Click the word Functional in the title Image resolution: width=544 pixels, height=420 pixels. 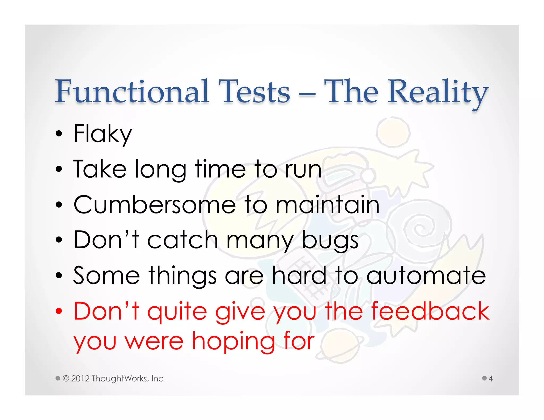(132, 92)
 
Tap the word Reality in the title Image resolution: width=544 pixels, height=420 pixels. (438, 93)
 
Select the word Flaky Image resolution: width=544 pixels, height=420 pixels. (103, 134)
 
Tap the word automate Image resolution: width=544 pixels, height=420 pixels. (426, 276)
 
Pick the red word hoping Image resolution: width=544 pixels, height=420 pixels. (233, 342)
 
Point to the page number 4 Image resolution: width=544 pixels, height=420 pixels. (490, 379)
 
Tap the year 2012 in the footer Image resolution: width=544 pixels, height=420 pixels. (80, 379)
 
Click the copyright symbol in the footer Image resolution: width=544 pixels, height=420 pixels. (66, 378)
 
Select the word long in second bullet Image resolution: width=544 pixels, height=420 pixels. (160, 170)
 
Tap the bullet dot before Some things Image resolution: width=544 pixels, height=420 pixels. (59, 276)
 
